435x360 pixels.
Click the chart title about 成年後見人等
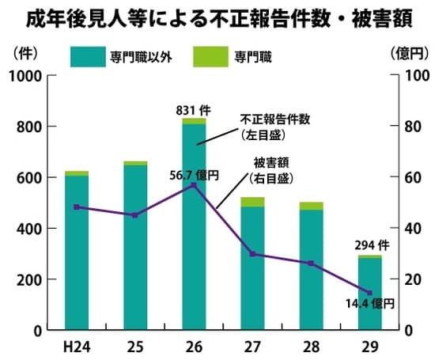point(217,17)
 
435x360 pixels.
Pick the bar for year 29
point(369,292)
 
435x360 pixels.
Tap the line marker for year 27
point(252,254)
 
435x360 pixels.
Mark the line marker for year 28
point(311,263)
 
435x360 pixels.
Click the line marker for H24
point(77,207)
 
